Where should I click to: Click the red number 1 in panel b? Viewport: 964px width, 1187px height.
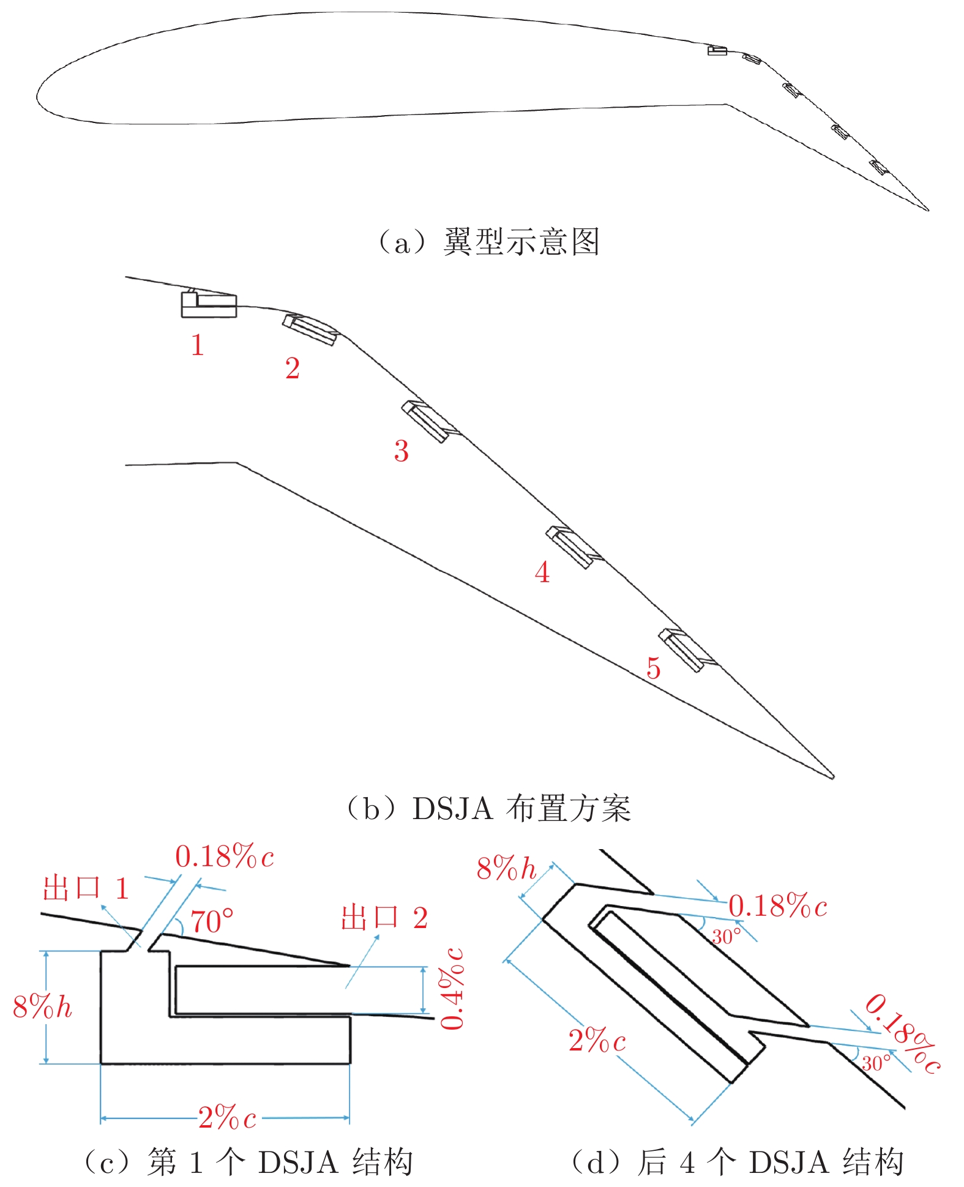coord(196,345)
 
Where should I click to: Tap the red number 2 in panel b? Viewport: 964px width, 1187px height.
coord(293,369)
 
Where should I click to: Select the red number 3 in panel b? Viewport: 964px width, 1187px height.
coord(401,451)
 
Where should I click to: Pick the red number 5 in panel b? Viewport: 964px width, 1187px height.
coord(653,668)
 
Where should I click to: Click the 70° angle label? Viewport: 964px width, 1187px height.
coord(212,922)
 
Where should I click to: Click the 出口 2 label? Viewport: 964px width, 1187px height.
coord(384,918)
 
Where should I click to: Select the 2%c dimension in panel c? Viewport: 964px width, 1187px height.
coord(227,1118)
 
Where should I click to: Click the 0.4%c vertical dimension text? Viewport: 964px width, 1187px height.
coord(453,989)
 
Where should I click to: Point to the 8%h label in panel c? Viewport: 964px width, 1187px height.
coord(42,1006)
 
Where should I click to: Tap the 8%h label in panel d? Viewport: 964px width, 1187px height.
coord(506,868)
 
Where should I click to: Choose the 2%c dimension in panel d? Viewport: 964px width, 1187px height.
coord(597,1040)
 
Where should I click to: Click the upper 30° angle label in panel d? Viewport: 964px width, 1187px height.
coord(726,937)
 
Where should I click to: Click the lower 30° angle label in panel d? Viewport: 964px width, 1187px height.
coord(876,1063)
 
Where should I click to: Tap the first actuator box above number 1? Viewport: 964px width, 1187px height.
coord(209,304)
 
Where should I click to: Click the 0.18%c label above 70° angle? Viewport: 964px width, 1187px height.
coord(224,856)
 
